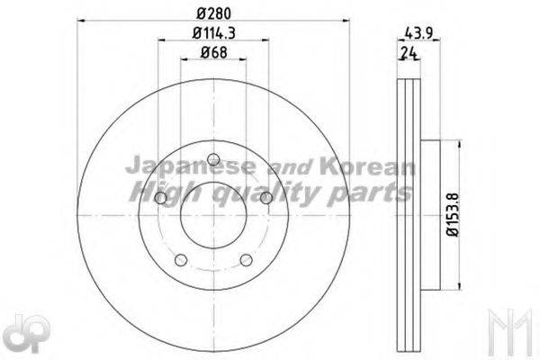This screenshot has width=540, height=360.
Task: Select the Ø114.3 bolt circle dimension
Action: [213, 35]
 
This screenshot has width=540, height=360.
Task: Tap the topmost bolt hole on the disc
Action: [213, 160]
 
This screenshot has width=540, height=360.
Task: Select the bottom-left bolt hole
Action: [180, 260]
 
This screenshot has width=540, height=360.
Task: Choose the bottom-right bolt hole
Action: [247, 260]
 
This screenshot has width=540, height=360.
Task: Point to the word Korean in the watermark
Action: [368, 166]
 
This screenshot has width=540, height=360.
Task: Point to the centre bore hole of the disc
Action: [213, 216]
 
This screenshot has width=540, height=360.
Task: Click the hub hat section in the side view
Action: [430, 216]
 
